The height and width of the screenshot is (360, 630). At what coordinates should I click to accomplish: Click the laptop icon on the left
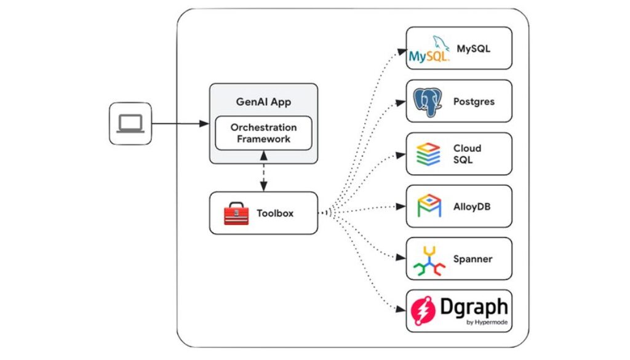point(130,124)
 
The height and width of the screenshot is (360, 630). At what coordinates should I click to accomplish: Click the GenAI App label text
point(263,102)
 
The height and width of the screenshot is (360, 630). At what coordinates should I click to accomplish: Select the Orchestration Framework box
point(263,133)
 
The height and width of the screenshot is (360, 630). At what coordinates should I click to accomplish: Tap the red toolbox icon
point(237,214)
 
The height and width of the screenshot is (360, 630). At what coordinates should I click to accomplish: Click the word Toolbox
point(275,214)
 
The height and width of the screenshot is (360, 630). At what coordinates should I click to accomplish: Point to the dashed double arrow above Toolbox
point(263,178)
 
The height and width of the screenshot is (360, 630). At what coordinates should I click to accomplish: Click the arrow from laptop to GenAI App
point(180,124)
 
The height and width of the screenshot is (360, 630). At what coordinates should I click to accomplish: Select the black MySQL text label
point(473,48)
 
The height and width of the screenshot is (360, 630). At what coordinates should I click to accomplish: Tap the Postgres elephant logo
point(428,101)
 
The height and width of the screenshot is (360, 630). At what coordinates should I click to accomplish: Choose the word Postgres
point(474,102)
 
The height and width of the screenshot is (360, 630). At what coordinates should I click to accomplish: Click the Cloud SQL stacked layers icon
point(428,154)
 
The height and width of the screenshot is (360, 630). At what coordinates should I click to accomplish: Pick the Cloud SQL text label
point(468,154)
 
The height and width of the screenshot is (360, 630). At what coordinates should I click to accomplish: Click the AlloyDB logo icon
point(429,206)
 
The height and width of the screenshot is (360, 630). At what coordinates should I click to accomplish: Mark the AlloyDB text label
point(472,207)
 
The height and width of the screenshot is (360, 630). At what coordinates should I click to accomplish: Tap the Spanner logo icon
point(429,259)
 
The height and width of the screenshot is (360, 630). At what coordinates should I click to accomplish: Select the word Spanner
point(472,259)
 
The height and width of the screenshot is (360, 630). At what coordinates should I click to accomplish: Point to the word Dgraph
point(474,307)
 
